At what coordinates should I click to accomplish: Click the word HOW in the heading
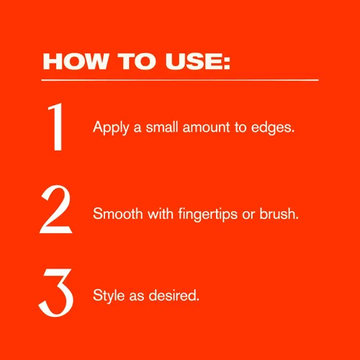pos(76,61)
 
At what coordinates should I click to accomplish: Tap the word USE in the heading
pos(194,61)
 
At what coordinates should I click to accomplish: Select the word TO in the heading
pos(137,61)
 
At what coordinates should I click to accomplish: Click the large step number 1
pos(56,127)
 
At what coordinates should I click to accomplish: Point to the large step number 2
pos(55,210)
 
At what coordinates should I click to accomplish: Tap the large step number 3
pos(56,292)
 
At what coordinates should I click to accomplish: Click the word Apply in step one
pos(111,128)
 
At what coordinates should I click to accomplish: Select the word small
pos(162,127)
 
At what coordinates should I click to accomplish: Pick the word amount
pos(206,127)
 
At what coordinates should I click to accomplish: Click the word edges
pos(273,127)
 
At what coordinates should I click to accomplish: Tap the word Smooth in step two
pos(118,213)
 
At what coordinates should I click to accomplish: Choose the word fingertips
pos(208,214)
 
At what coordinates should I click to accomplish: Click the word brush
pos(279,213)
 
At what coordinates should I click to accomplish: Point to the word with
pos(161,213)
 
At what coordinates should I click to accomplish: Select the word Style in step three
pos(109,296)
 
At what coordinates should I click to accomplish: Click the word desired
pos(174,295)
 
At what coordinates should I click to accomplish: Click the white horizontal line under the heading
pos(180,80)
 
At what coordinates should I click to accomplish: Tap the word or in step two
pos(248,215)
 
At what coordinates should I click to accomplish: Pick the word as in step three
pos(137,296)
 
